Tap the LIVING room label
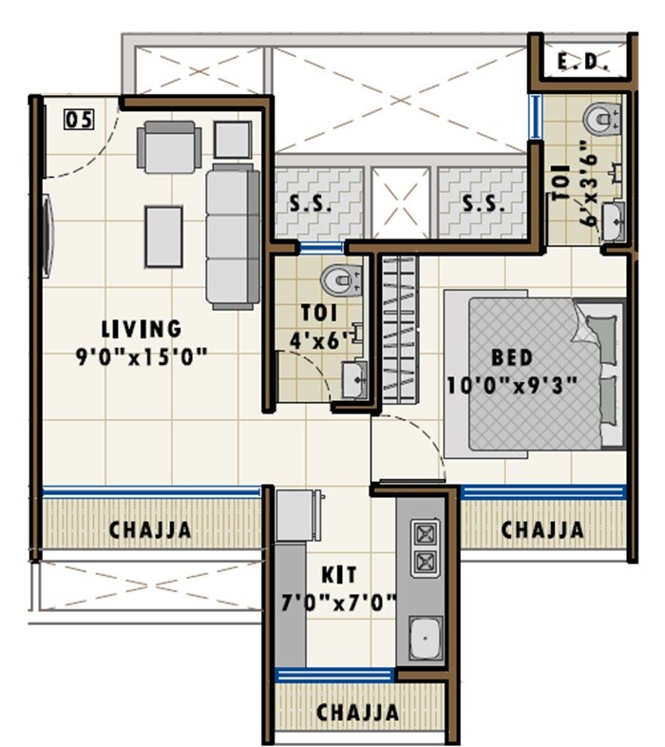[142, 329]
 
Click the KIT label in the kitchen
[339, 575]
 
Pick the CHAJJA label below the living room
[150, 529]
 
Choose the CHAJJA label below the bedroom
[542, 529]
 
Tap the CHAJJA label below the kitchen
[357, 712]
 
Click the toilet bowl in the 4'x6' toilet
[339, 279]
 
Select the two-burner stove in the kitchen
[425, 547]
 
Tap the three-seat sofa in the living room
[233, 235]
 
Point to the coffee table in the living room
[163, 236]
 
